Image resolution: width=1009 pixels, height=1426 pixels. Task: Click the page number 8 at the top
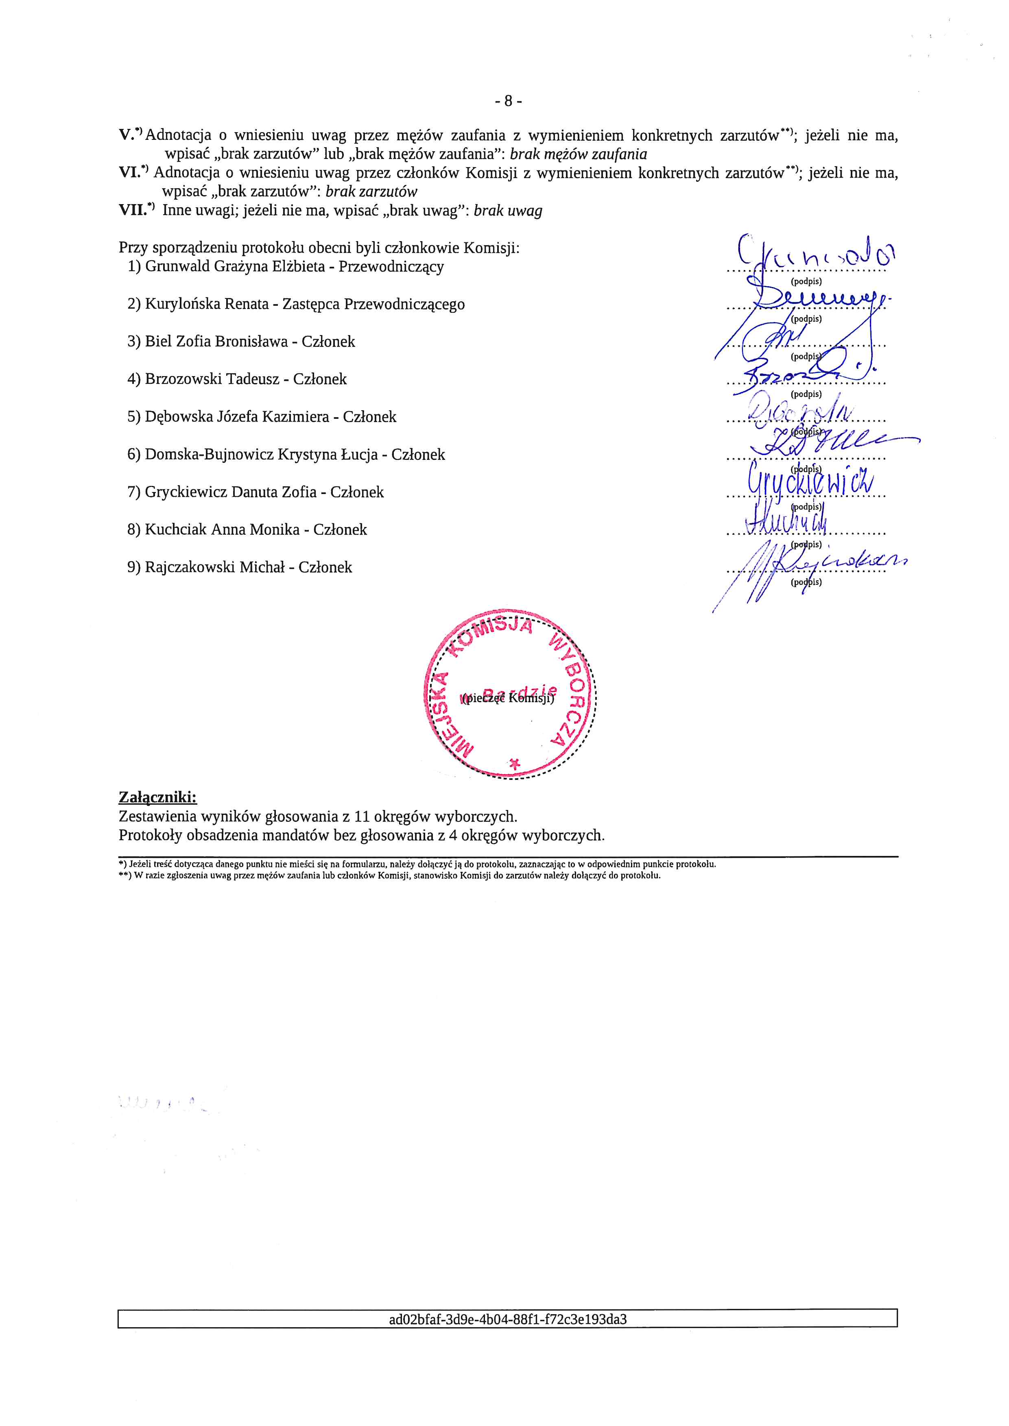coord(508,100)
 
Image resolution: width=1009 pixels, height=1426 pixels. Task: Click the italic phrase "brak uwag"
coord(508,211)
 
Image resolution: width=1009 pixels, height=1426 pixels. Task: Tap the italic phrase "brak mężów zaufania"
coord(578,154)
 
